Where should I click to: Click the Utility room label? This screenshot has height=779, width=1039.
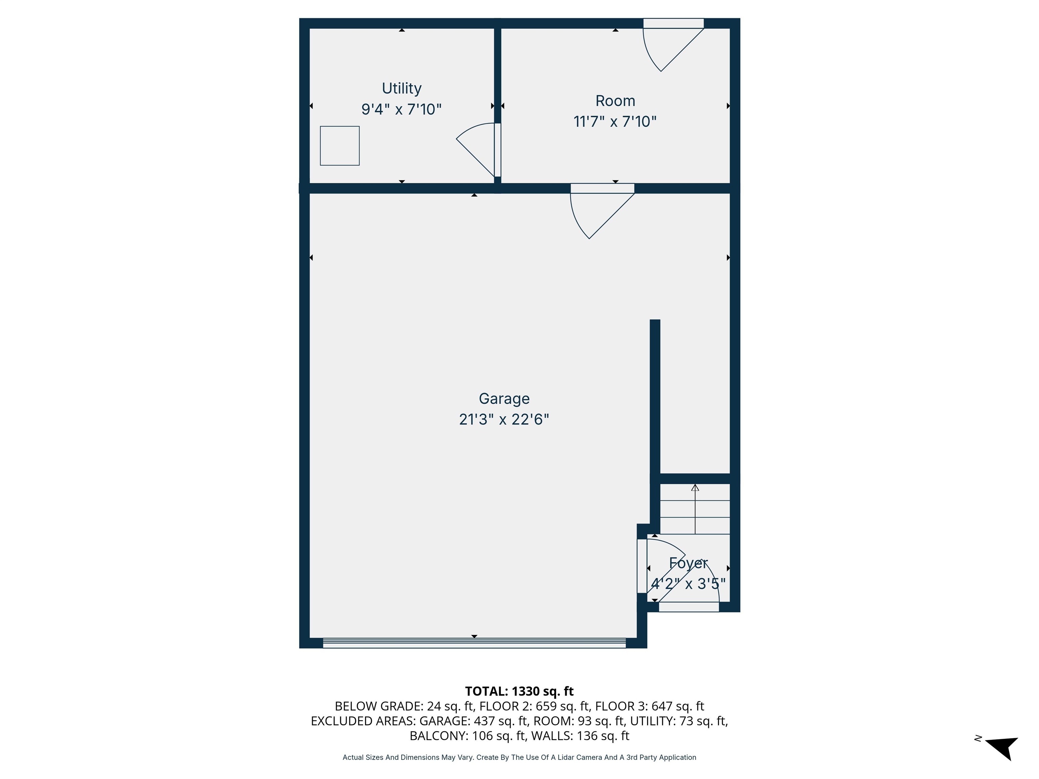click(x=401, y=88)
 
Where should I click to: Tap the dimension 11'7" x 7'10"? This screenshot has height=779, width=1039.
click(x=615, y=122)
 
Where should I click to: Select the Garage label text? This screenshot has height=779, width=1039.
click(x=504, y=399)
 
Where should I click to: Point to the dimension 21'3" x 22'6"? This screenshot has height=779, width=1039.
click(x=504, y=419)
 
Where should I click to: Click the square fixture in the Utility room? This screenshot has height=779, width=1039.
click(x=340, y=146)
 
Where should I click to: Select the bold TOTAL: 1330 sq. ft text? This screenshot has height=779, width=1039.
click(x=519, y=691)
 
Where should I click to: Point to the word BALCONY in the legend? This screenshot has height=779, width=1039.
click(x=438, y=736)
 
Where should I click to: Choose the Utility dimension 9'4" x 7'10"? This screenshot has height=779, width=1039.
click(x=401, y=110)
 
